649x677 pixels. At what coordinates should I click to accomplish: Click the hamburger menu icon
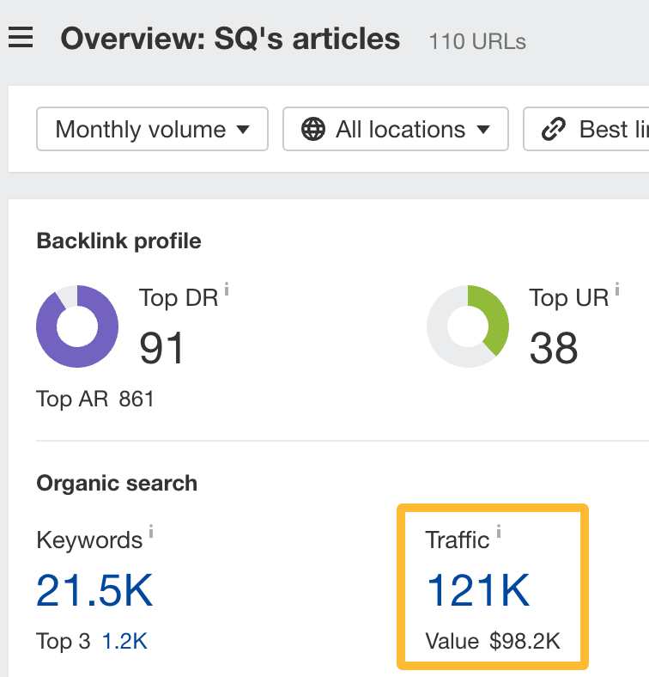coord(21,38)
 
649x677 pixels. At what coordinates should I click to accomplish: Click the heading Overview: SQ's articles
coord(230,39)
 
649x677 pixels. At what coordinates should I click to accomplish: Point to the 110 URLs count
coord(477,40)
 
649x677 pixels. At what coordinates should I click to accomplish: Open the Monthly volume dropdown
coord(152,130)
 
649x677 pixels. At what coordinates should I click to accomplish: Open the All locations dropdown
coord(396,130)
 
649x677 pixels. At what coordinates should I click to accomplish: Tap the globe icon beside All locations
coord(313,130)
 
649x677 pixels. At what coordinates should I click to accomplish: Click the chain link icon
coord(553,130)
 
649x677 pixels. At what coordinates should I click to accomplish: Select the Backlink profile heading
coord(118,241)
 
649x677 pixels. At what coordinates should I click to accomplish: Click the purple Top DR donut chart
coord(77,326)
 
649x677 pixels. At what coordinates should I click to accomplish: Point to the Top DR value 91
coord(162,348)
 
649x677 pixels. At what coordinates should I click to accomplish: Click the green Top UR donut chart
coord(468,326)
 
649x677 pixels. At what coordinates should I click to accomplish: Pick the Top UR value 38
coord(554,348)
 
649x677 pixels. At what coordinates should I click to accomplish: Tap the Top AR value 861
coord(136,399)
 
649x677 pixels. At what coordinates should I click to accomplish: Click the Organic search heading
coord(117,484)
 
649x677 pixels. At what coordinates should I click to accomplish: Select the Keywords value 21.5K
coord(94,590)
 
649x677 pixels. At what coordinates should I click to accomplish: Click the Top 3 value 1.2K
coord(124,641)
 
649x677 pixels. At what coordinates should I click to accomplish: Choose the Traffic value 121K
coord(478,590)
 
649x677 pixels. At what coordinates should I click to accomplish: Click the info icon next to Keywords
coord(152,534)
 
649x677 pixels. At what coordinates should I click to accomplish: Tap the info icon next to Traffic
coord(499,534)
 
